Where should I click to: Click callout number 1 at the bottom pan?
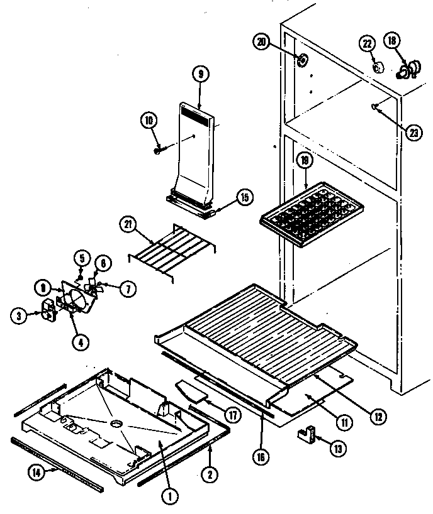click(169, 495)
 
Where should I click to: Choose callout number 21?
click(128, 225)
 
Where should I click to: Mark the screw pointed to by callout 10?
click(158, 150)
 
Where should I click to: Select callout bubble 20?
click(262, 42)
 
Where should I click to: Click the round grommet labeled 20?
click(303, 61)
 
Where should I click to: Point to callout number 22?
click(367, 43)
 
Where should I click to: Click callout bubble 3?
click(20, 315)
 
